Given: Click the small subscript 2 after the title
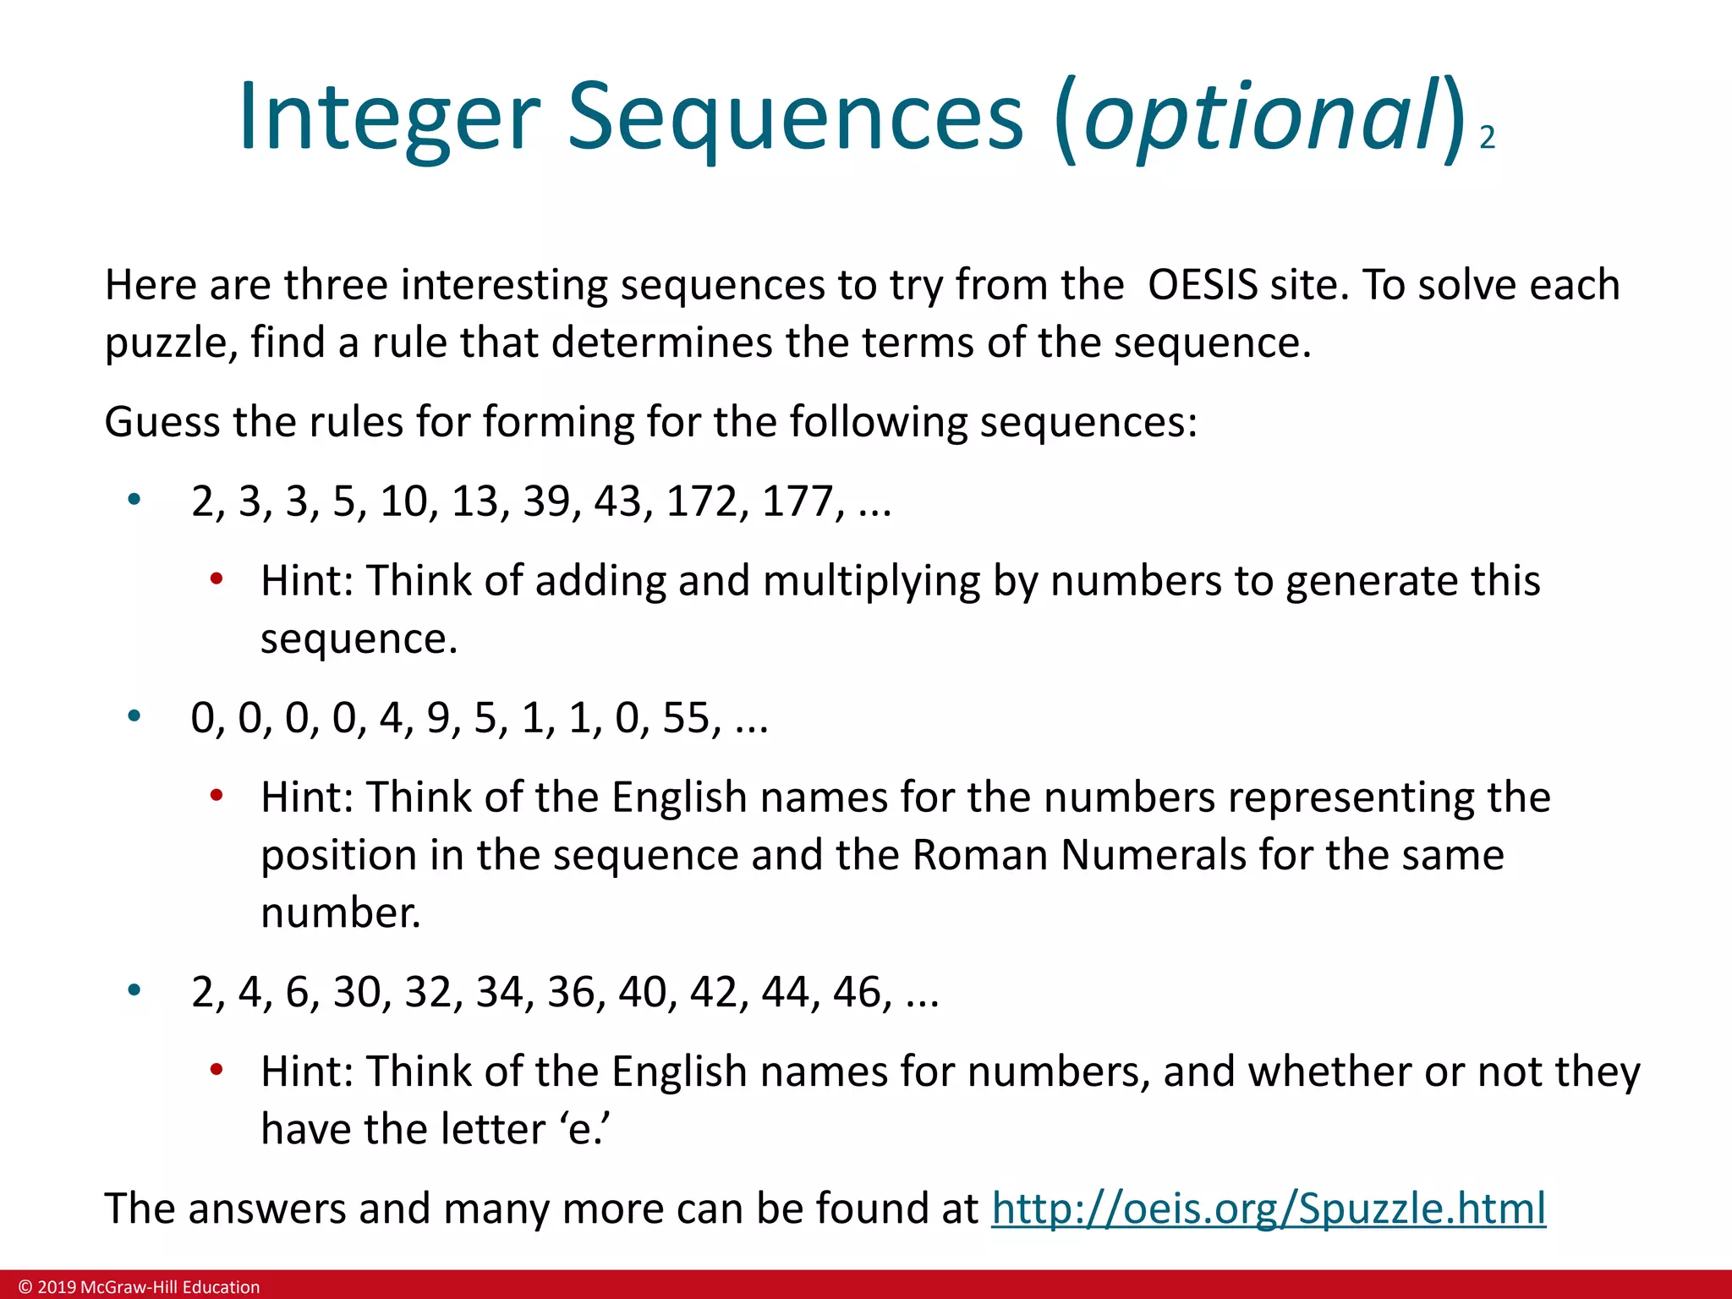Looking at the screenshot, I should (x=1487, y=138).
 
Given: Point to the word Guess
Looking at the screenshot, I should (x=162, y=422).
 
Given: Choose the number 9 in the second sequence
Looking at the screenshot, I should (x=437, y=718).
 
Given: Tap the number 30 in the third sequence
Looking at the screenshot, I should (x=356, y=992).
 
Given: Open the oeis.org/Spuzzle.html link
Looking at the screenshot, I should (x=1269, y=1209).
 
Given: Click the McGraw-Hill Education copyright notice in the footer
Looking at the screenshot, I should (x=140, y=1287).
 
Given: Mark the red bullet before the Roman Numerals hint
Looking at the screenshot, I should (x=216, y=796).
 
